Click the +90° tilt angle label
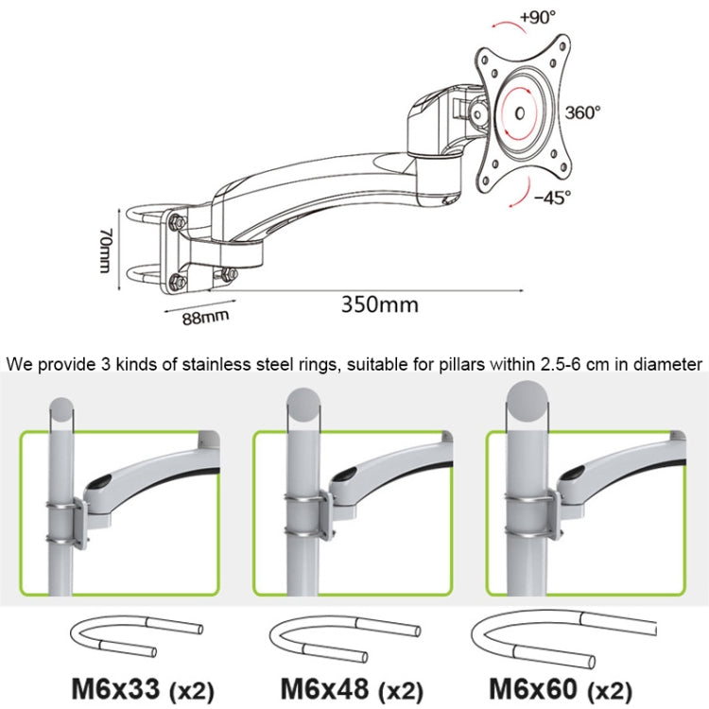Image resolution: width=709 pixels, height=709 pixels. click(x=537, y=16)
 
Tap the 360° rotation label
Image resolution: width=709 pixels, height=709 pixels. click(x=583, y=112)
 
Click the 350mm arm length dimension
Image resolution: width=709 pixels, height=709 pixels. click(x=379, y=303)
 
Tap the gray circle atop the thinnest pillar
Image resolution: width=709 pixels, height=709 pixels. click(x=63, y=408)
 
